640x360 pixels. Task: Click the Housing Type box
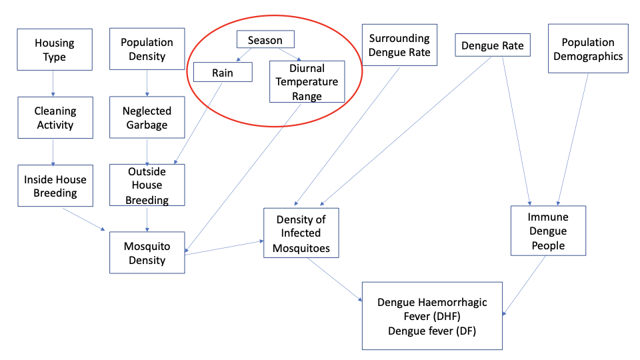pyautogui.click(x=55, y=50)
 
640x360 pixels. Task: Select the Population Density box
pyautogui.click(x=147, y=49)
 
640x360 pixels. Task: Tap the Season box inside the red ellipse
pyautogui.click(x=265, y=40)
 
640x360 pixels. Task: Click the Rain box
pyautogui.click(x=223, y=72)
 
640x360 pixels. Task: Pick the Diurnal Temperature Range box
pyautogui.click(x=307, y=81)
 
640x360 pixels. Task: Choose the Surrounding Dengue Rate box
pyautogui.click(x=399, y=45)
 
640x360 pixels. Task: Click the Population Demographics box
pyautogui.click(x=588, y=49)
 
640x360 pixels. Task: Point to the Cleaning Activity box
pyautogui.click(x=55, y=118)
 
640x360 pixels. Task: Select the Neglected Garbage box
pyautogui.click(x=147, y=118)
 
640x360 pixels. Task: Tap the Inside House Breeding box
pyautogui.click(x=55, y=186)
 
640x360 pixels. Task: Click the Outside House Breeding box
pyautogui.click(x=147, y=185)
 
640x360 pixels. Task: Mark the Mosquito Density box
pyautogui.click(x=147, y=253)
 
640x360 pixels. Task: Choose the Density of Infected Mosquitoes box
pyautogui.click(x=301, y=233)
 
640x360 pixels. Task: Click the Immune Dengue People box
pyautogui.click(x=548, y=231)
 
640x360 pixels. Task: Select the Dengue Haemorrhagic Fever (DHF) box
pyautogui.click(x=432, y=315)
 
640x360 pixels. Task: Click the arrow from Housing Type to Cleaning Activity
pyautogui.click(x=55, y=84)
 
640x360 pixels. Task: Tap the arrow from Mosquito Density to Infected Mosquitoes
pyautogui.click(x=224, y=247)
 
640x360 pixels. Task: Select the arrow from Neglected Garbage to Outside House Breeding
pyautogui.click(x=147, y=151)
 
